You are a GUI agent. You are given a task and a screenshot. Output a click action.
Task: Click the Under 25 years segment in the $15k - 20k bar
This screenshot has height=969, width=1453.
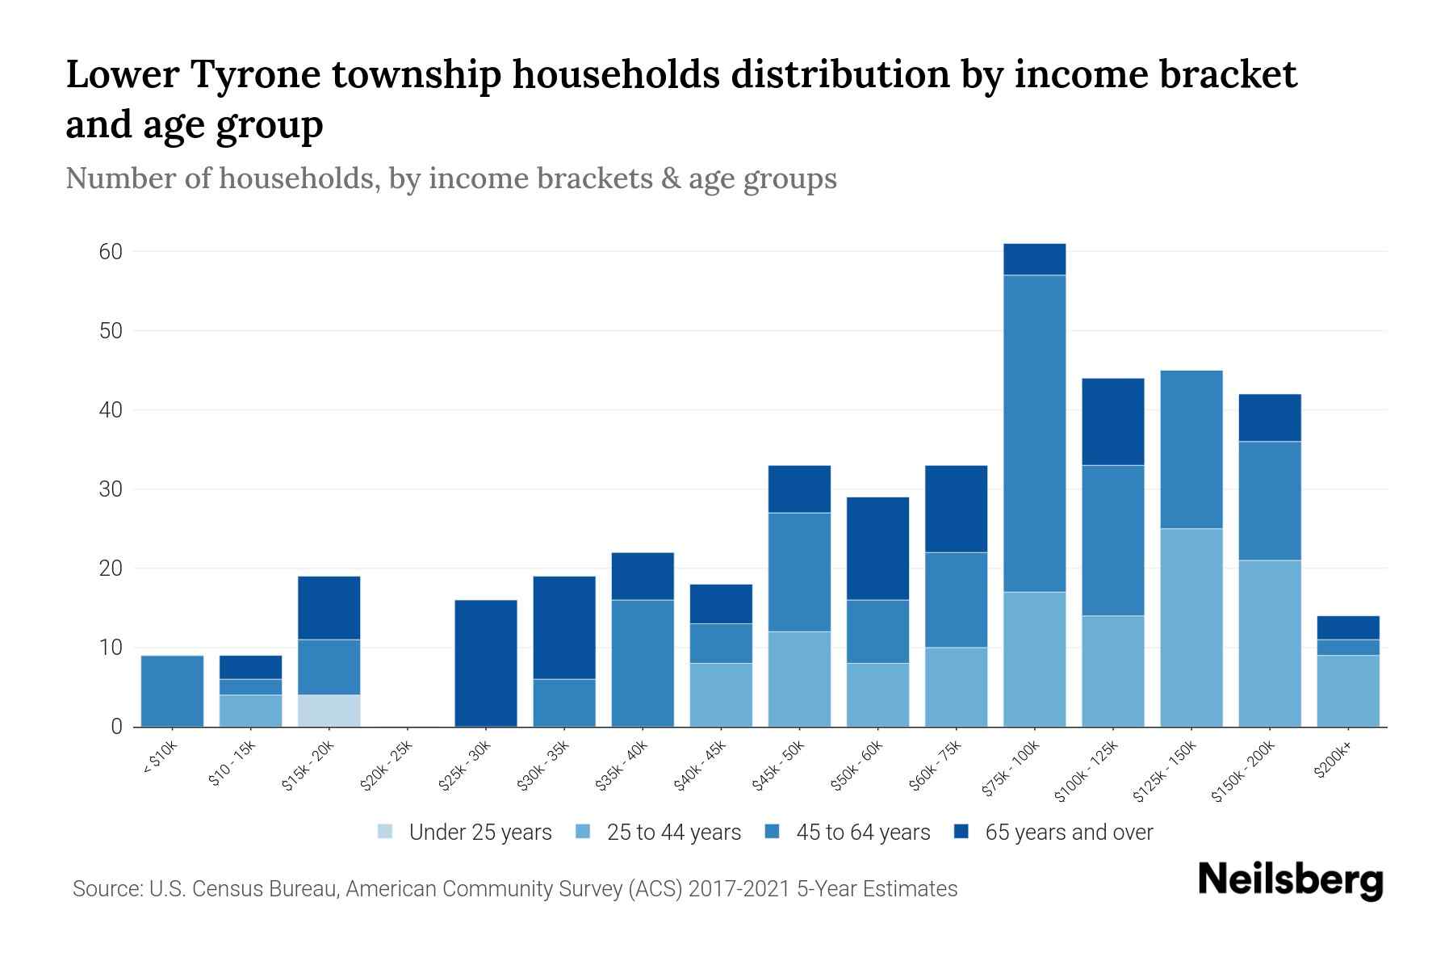click(329, 711)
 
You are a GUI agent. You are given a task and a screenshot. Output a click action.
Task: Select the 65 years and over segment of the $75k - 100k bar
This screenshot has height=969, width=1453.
click(1034, 259)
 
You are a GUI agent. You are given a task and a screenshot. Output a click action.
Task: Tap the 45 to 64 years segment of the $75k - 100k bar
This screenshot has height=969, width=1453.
click(1034, 434)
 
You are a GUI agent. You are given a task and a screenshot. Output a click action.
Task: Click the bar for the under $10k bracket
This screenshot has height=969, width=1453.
click(172, 691)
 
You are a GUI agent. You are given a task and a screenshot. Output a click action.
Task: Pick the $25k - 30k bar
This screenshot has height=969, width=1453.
click(486, 663)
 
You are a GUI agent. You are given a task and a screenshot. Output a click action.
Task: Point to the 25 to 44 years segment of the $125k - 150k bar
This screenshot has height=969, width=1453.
click(1191, 627)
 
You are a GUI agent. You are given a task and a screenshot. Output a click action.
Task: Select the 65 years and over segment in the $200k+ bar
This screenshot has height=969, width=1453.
click(1347, 627)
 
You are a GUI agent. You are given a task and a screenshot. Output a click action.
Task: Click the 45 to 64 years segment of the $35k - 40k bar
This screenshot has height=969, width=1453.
click(643, 663)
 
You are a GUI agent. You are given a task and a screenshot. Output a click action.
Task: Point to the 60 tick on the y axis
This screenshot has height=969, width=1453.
click(111, 252)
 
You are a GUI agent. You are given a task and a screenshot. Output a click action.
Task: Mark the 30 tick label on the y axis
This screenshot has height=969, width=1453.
click(111, 489)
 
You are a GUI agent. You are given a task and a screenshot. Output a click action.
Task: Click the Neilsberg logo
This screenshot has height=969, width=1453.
click(1290, 880)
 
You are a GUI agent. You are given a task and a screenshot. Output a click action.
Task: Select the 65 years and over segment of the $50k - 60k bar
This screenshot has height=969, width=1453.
click(877, 548)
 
